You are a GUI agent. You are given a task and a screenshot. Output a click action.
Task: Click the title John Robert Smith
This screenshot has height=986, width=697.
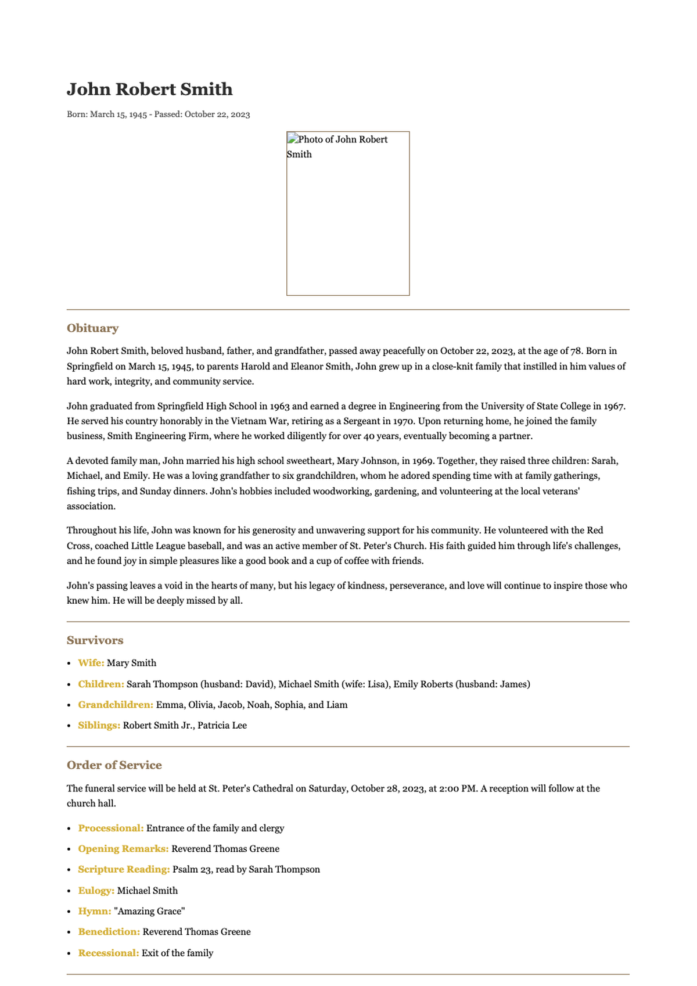pos(149,89)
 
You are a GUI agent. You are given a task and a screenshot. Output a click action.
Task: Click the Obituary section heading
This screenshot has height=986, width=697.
pos(92,328)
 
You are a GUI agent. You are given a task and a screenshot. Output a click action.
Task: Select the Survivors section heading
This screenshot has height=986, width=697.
pos(95,640)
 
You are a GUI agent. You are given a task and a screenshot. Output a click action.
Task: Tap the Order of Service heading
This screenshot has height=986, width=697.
pos(114,765)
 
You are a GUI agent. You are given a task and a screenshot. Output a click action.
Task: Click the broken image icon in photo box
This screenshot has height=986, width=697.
pos(292,139)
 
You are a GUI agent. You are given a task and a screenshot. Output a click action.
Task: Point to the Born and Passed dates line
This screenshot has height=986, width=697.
pos(158,114)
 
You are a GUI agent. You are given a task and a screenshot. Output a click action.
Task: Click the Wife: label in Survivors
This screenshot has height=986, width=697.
pos(91,663)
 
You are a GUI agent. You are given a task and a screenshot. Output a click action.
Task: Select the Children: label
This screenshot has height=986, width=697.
pos(101,684)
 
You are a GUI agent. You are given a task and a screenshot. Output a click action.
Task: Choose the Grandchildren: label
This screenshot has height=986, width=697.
pos(116,705)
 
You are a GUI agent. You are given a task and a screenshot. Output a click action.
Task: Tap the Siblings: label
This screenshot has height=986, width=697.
pos(99,726)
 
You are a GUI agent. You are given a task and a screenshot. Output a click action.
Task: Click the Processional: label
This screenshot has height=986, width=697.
pos(111,829)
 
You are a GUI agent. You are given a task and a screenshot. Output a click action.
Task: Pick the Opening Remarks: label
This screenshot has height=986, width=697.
pos(123,849)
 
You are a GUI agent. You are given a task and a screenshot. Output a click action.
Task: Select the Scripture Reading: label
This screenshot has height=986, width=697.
pos(124,870)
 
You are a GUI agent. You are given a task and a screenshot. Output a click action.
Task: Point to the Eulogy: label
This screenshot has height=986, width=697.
pos(96,891)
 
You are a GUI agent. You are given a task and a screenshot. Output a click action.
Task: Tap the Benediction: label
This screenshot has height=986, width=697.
pos(109,932)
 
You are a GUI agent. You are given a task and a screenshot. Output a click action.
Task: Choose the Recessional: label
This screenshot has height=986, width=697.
pos(109,953)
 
